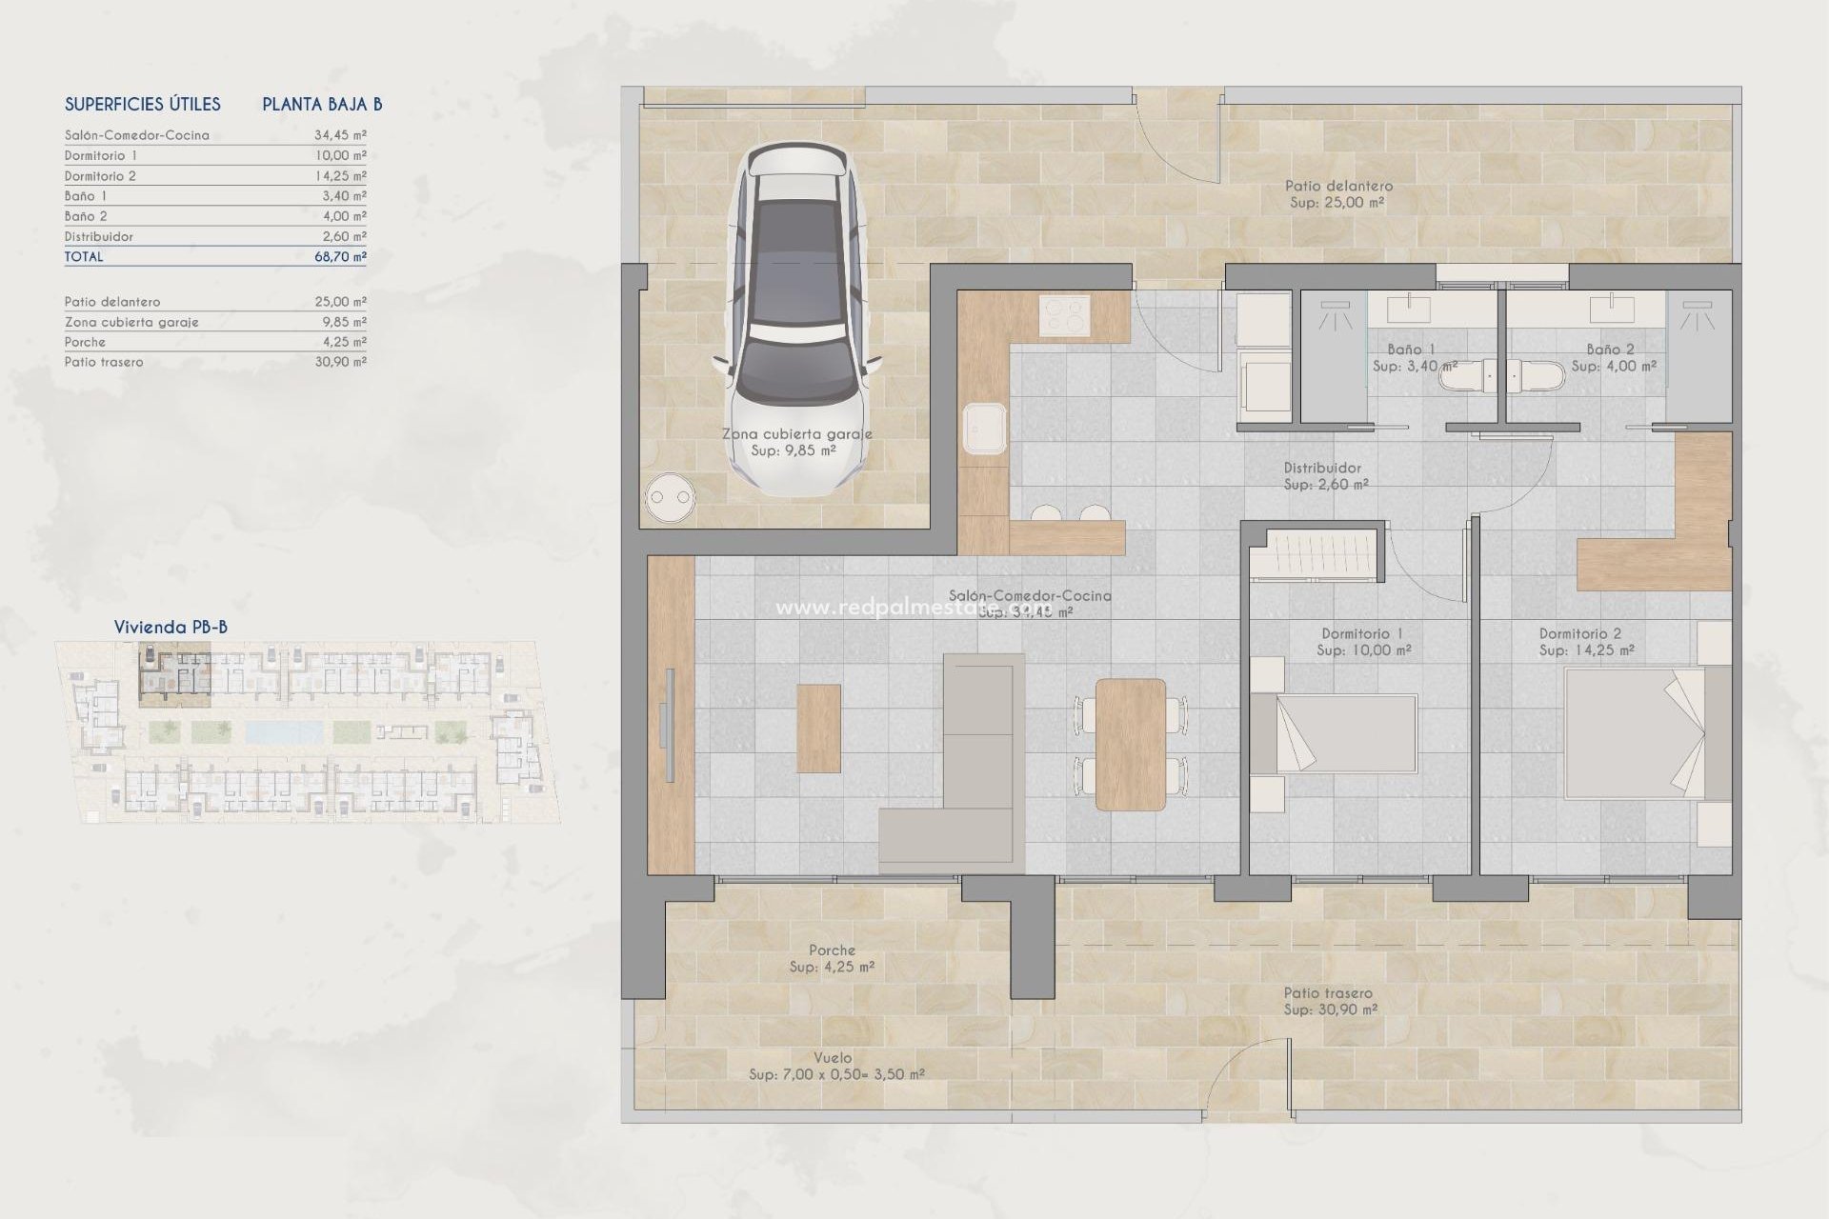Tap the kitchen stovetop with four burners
(1064, 316)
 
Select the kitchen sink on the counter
(984, 429)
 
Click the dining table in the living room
(1131, 744)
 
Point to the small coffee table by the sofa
(818, 728)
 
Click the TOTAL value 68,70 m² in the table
(340, 256)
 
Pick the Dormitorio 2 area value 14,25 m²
(340, 176)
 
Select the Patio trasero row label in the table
(104, 362)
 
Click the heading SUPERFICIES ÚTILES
(143, 104)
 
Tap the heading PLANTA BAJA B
(322, 104)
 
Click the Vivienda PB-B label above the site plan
(171, 627)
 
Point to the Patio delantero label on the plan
(1338, 187)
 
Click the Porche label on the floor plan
(832, 950)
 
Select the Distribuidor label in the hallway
(1322, 468)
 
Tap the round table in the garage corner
(670, 497)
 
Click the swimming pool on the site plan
(284, 731)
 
